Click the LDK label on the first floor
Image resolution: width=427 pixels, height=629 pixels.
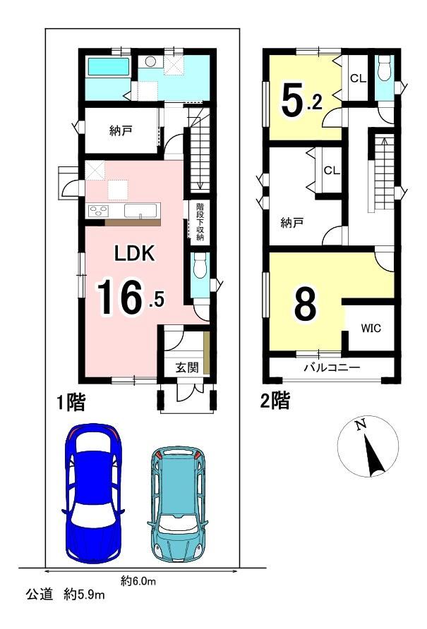pos(135,254)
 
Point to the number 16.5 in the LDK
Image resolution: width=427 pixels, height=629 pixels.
pos(131,297)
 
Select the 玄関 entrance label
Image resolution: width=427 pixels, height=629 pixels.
pos(187,367)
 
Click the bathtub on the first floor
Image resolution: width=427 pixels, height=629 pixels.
pos(109,66)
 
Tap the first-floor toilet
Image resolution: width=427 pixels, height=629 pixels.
pos(199,266)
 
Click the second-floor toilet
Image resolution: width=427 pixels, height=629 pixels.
pos(385,68)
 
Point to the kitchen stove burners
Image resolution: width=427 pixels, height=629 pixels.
pos(98,211)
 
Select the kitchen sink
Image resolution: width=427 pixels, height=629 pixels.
pos(140,211)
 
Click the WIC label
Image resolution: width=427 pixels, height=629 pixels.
pos(371,329)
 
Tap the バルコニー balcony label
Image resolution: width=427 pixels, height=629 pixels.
pos(332,367)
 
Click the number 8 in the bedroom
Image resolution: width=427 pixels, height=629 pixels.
pos(306,303)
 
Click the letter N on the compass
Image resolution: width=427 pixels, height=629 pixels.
pos(361,424)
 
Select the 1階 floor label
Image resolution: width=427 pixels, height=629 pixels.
pos(71,402)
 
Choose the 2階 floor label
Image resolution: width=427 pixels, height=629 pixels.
pos(275,401)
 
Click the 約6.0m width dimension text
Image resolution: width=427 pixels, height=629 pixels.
pos(138,580)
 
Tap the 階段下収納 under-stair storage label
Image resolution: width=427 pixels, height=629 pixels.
pos(200,222)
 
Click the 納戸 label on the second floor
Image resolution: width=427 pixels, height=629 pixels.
pos(291,223)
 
